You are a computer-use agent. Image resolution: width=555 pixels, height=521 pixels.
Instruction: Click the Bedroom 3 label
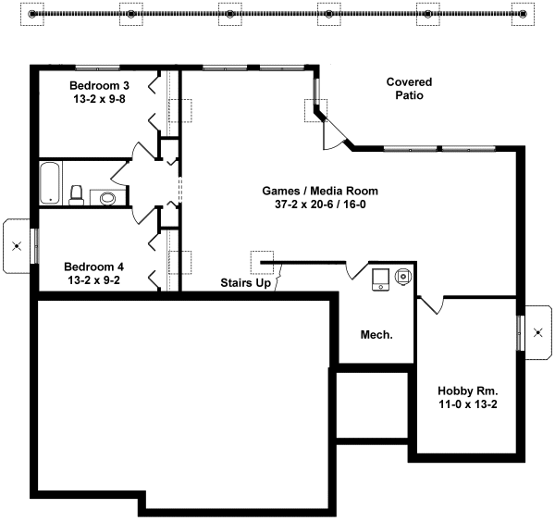[x=100, y=86]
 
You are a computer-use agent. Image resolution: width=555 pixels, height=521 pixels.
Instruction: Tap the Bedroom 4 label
[x=93, y=267]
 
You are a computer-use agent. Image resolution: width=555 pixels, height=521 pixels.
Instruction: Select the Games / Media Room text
[x=320, y=191]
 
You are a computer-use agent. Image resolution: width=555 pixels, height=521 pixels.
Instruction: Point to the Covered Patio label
[x=409, y=89]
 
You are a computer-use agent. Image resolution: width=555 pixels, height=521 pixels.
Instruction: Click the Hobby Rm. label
[x=468, y=391]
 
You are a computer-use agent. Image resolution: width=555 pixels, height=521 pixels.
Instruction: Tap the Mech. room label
[x=376, y=335]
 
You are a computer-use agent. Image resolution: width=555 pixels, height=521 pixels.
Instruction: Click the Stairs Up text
[x=246, y=282]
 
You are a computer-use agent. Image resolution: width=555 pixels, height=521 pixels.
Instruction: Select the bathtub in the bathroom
[x=50, y=182]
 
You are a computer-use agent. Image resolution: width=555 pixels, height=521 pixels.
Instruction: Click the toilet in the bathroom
[x=77, y=195]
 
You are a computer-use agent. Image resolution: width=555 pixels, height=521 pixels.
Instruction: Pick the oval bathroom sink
[x=107, y=198]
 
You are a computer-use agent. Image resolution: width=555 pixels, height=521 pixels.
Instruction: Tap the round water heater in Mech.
[x=403, y=276]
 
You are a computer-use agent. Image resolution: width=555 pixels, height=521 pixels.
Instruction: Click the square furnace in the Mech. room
[x=380, y=279]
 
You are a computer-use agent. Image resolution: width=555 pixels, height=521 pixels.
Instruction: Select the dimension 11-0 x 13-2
[x=468, y=404]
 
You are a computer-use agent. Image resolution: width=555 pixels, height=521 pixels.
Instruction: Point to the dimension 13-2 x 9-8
[x=100, y=99]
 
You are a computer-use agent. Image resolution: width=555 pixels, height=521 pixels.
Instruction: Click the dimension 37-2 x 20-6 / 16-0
[x=320, y=205]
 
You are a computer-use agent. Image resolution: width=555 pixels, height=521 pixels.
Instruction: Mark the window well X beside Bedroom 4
[x=17, y=246]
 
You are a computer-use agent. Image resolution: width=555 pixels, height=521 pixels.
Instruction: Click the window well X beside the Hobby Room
[x=538, y=332]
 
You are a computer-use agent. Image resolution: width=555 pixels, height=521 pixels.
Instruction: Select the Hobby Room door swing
[x=431, y=305]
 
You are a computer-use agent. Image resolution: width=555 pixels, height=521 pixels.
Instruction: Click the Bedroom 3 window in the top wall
[x=97, y=68]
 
